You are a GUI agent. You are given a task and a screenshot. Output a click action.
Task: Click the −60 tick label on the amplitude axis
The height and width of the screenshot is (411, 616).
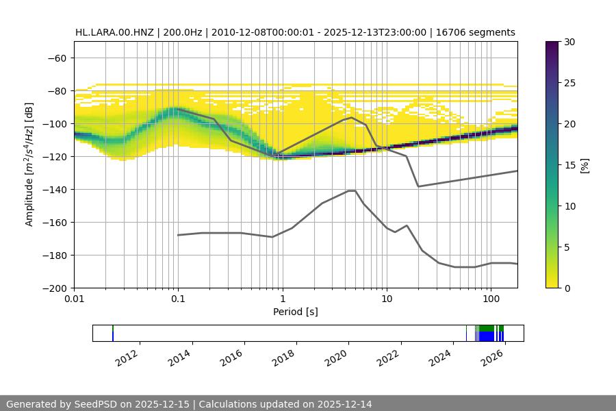point(56,58)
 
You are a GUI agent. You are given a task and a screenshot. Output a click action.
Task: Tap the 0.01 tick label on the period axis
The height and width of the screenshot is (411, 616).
point(74,300)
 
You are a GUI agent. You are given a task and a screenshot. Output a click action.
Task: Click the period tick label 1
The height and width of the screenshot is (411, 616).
point(282,300)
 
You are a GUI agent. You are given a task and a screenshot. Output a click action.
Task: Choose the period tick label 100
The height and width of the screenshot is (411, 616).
point(490,300)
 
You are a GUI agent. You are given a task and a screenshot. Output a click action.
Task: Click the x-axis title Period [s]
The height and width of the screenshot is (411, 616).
point(296,312)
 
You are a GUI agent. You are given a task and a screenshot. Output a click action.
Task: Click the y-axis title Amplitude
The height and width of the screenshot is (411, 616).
point(29,164)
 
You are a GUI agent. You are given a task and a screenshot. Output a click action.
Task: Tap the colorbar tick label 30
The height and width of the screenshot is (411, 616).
point(569,42)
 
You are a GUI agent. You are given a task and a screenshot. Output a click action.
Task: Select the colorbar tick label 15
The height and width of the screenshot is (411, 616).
point(569,165)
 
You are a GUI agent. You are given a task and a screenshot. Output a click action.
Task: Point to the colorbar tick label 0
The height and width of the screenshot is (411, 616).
point(567,288)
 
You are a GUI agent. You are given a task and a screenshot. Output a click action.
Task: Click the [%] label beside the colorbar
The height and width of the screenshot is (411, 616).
point(584,165)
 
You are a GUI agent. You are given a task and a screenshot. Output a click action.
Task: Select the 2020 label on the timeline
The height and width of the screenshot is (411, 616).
point(337,358)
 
